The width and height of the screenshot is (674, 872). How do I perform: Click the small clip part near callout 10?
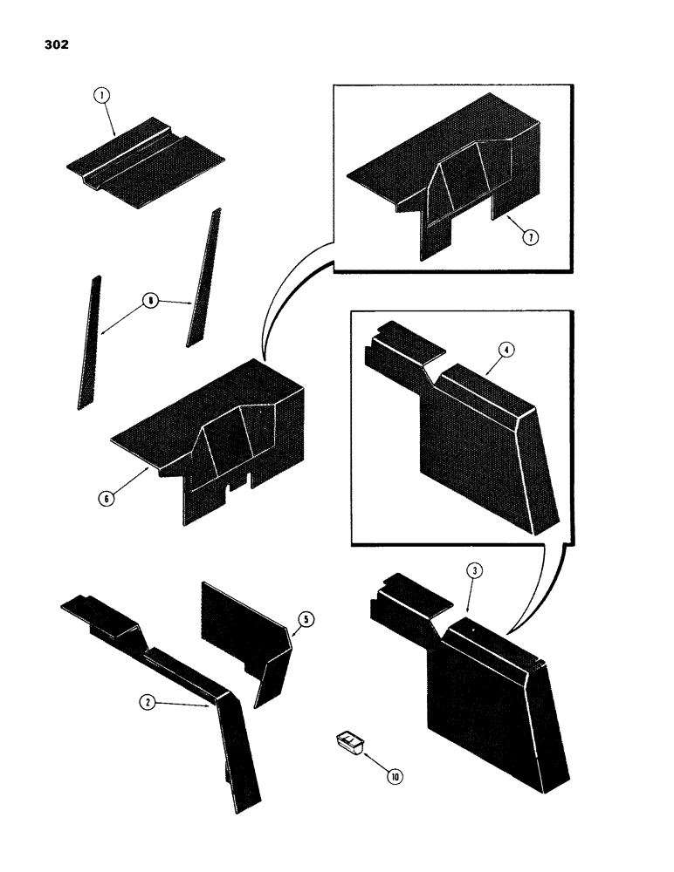point(348,743)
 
